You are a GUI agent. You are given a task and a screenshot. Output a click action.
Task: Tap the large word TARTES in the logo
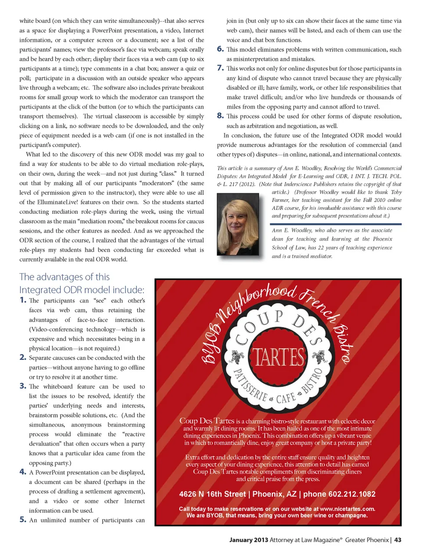coord(278,357)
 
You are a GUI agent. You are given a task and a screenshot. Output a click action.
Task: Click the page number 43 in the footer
coord(398,540)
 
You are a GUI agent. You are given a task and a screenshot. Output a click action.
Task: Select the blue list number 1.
coord(23,300)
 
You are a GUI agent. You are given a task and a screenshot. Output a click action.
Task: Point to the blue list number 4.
coord(23,472)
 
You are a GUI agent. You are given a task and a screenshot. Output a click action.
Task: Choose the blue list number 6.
coord(220,49)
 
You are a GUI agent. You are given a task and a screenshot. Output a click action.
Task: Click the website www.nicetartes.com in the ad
coord(347,509)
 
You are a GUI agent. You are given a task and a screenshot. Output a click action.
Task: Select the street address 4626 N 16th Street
coord(212,494)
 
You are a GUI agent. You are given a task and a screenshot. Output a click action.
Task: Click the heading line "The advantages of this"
coord(64,277)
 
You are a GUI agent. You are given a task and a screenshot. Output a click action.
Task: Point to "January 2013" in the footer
coord(248,540)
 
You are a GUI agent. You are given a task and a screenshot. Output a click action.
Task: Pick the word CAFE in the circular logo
coord(285,398)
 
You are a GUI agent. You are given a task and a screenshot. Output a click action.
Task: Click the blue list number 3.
coord(23,386)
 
